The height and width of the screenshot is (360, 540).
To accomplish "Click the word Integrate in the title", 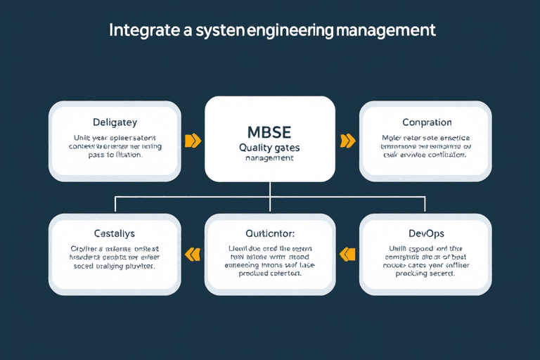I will coord(139,31).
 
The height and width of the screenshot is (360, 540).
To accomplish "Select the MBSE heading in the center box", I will coord(269,132).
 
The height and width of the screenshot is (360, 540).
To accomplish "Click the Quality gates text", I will coord(269,148).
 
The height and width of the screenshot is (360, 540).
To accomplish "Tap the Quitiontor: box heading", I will coord(269,233).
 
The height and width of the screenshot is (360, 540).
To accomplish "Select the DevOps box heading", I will coord(427,233).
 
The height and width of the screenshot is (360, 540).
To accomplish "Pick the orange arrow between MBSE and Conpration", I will coord(347,141).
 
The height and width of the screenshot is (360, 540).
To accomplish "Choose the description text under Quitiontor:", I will coord(269,261).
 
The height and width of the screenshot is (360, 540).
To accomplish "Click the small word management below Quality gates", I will coord(269,159).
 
